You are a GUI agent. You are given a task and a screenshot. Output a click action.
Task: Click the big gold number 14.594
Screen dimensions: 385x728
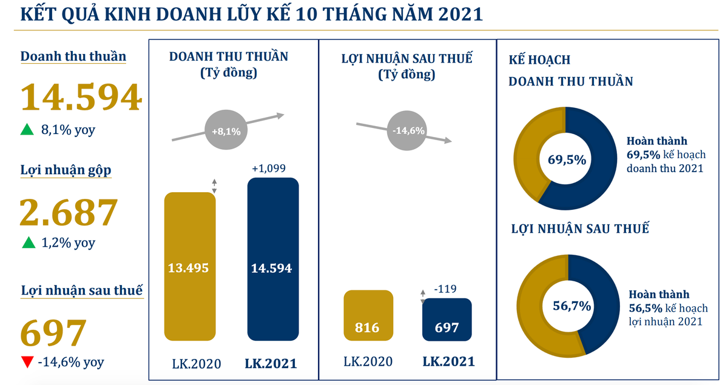click(81, 98)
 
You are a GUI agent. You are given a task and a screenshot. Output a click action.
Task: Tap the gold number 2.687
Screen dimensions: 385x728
click(67, 212)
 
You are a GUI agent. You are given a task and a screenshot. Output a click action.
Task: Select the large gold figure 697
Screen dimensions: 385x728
click(53, 333)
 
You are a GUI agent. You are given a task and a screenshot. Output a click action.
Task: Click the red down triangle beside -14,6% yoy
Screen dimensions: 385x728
click(27, 363)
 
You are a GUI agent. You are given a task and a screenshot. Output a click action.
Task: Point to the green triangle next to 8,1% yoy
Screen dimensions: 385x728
click(27, 129)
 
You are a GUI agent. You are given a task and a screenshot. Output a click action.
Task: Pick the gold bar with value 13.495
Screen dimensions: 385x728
click(190, 267)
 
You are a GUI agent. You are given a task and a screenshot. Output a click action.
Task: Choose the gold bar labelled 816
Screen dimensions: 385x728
click(368, 315)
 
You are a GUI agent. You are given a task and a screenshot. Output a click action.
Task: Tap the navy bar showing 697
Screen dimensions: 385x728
click(447, 319)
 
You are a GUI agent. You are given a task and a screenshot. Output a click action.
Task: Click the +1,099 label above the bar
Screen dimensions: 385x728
click(268, 168)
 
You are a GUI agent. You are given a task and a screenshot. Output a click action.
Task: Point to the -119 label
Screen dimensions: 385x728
click(447, 289)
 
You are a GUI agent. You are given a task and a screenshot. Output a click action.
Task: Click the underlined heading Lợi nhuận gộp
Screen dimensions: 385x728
click(66, 170)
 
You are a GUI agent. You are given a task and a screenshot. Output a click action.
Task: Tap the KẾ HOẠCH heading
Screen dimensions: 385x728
click(539, 60)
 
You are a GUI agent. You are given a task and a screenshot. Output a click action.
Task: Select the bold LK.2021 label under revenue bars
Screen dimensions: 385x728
click(271, 364)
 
